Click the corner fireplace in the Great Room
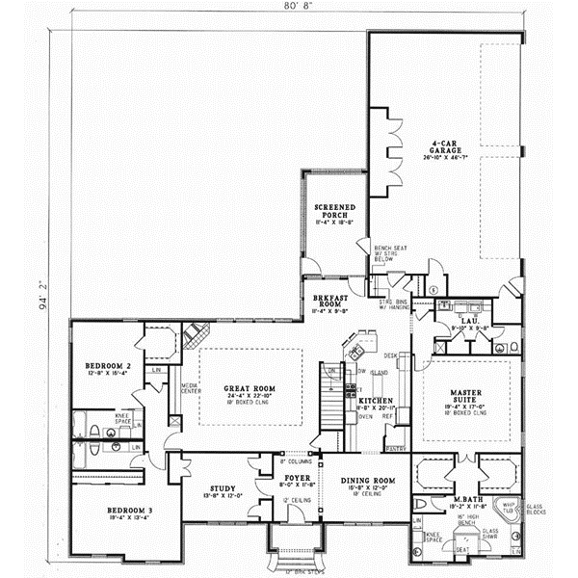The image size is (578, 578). (196, 336)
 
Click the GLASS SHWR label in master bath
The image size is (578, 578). (489, 533)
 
